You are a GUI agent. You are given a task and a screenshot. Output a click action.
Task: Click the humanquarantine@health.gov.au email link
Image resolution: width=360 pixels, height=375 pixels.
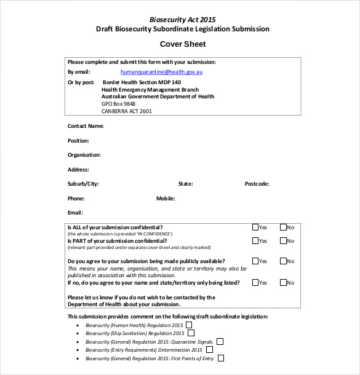pyautogui.click(x=162, y=72)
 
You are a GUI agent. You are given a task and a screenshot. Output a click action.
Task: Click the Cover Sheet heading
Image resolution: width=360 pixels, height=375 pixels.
pyautogui.click(x=183, y=44)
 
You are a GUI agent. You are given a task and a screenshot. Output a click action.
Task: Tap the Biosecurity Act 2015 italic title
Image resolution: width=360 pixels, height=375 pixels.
pyautogui.click(x=183, y=20)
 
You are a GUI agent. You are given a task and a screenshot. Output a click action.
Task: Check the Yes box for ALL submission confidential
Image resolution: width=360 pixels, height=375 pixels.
pyautogui.click(x=255, y=227)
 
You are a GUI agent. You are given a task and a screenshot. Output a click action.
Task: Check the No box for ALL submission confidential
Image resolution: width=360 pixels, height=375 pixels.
pyautogui.click(x=283, y=227)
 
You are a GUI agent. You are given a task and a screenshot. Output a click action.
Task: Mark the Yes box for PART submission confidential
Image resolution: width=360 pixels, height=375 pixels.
pyautogui.click(x=255, y=241)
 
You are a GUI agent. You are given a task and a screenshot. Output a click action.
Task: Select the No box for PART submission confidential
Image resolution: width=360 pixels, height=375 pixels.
pyautogui.click(x=283, y=241)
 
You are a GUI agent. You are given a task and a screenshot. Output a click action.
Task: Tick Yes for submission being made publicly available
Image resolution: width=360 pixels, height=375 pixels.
pyautogui.click(x=255, y=261)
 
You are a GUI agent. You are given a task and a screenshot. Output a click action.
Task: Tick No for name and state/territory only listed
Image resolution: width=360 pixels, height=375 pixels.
pyautogui.click(x=283, y=283)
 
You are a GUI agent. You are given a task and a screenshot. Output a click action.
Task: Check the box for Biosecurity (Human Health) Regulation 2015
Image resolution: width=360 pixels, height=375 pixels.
pyautogui.click(x=190, y=325)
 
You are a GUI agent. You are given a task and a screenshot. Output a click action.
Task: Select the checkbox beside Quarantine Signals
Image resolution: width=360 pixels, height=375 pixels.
pyautogui.click(x=220, y=341)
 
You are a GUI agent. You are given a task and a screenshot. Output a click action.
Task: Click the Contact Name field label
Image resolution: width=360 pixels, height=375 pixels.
pyautogui.click(x=86, y=126)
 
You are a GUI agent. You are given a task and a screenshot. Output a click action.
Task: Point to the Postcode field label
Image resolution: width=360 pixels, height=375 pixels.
pyautogui.click(x=257, y=184)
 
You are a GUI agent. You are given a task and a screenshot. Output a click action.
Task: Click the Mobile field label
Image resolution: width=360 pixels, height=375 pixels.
pyautogui.click(x=166, y=199)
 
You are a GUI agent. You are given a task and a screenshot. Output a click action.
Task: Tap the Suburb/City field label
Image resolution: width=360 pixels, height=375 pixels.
pyautogui.click(x=83, y=184)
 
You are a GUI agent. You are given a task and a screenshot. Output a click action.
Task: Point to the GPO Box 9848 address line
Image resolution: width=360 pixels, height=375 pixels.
pyautogui.click(x=118, y=104)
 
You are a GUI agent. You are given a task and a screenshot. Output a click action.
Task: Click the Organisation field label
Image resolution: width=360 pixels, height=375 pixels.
pyautogui.click(x=84, y=155)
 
